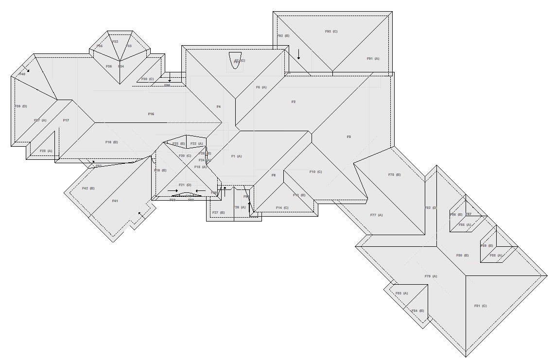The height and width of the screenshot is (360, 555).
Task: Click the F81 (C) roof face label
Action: click(x=480, y=306)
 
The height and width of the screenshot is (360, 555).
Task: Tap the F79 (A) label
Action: click(x=431, y=276)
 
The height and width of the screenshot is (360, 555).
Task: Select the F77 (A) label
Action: click(x=376, y=215)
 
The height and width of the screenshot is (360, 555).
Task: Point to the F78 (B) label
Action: click(x=394, y=174)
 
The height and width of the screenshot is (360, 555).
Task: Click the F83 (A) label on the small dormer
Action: click(x=401, y=293)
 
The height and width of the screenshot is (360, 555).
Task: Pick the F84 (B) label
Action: click(x=417, y=310)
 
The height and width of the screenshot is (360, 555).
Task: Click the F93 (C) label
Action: click(x=331, y=31)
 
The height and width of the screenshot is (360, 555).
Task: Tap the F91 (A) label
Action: click(x=373, y=58)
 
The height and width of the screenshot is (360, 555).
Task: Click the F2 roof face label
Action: click(x=293, y=102)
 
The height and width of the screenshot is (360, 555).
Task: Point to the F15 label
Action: click(x=151, y=114)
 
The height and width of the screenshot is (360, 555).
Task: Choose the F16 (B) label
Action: click(x=111, y=142)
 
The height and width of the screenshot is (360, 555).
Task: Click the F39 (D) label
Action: click(x=20, y=106)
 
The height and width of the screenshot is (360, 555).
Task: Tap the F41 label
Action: click(x=115, y=201)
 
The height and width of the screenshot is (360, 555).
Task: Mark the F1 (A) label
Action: click(x=236, y=156)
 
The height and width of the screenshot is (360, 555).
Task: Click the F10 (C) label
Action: click(x=315, y=171)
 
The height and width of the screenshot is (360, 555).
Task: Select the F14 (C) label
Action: click(x=282, y=208)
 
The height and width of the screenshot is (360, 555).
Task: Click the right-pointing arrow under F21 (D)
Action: click(x=173, y=190)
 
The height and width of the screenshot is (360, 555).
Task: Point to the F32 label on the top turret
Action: click(x=115, y=42)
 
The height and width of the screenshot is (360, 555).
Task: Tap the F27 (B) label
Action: click(x=218, y=212)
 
